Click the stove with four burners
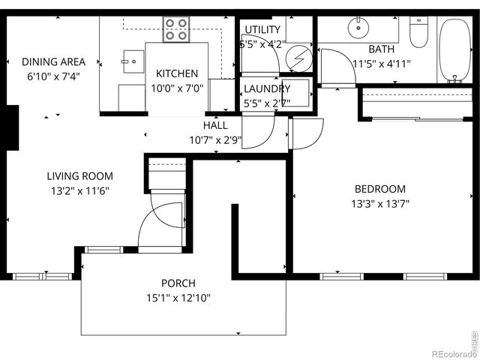pyautogui.click(x=177, y=28)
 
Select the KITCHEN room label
pyautogui.click(x=177, y=73)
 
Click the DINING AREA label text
pyautogui.click(x=53, y=61)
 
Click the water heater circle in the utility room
pyautogui.click(x=300, y=56)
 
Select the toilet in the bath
pyautogui.click(x=418, y=31)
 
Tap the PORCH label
pyautogui.click(x=178, y=283)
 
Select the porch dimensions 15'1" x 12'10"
pyautogui.click(x=178, y=298)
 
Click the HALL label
pyautogui.click(x=216, y=125)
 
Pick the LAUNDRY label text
pyautogui.click(x=267, y=88)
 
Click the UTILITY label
pyautogui.click(x=262, y=30)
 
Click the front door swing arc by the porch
pyautogui.click(x=159, y=221)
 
